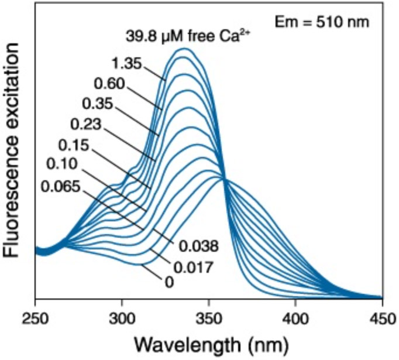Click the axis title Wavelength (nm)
[208, 344]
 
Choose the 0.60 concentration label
[109, 84]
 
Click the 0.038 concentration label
[199, 246]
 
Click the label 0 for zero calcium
[170, 283]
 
